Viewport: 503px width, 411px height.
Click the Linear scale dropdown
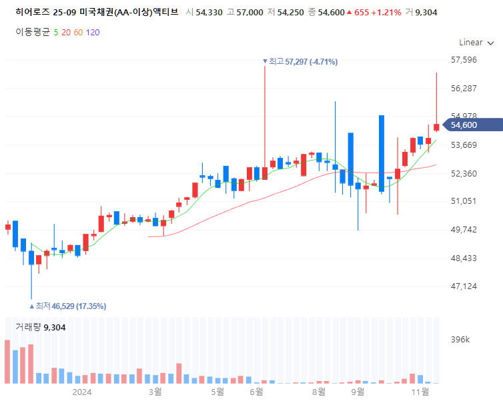point(476,43)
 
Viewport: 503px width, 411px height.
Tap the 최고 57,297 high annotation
point(300,61)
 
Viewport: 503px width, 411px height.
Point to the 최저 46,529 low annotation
point(67,306)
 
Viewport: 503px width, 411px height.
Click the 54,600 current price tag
point(472,125)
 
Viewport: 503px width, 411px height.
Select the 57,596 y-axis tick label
point(464,60)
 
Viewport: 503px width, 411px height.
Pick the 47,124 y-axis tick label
point(464,286)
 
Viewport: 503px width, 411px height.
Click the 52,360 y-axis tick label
point(464,174)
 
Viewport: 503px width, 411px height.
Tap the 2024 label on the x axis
point(82,392)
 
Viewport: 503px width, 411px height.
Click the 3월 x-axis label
point(155,392)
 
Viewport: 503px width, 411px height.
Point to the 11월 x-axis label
point(420,392)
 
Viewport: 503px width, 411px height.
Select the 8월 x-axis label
point(319,392)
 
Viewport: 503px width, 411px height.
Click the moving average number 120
point(93,33)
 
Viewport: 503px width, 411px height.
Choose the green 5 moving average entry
point(56,33)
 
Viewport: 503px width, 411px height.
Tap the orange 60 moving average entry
point(78,33)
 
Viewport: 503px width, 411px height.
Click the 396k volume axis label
point(460,340)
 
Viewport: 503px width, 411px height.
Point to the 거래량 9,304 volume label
point(41,327)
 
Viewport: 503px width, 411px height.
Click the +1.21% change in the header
point(386,13)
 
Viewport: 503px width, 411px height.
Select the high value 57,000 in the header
point(250,13)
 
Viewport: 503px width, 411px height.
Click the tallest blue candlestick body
point(382,153)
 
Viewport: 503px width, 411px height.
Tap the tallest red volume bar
point(7,362)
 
